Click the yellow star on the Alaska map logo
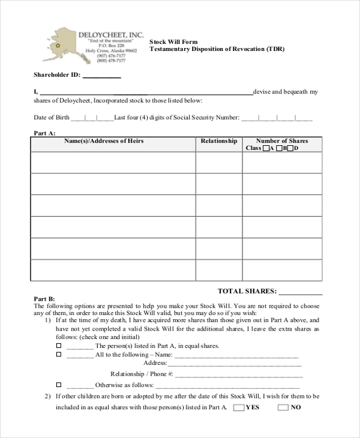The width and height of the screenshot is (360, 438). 58,46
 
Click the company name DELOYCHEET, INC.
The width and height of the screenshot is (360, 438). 111,35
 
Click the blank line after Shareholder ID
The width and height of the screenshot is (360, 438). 101,76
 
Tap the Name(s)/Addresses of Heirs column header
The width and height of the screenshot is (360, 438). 112,141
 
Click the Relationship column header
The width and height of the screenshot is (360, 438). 218,141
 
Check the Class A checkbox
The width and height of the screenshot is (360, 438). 266,148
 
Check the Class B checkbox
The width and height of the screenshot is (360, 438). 279,148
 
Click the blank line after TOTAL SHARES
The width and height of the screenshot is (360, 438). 301,292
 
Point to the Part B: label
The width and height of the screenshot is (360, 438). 44,298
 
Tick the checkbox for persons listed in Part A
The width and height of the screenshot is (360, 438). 59,346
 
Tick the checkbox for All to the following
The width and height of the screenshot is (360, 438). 59,355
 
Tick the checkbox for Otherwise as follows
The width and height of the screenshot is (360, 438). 59,385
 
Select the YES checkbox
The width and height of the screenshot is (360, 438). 238,407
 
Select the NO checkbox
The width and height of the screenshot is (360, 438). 283,407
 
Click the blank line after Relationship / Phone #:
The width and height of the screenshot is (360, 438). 237,374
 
